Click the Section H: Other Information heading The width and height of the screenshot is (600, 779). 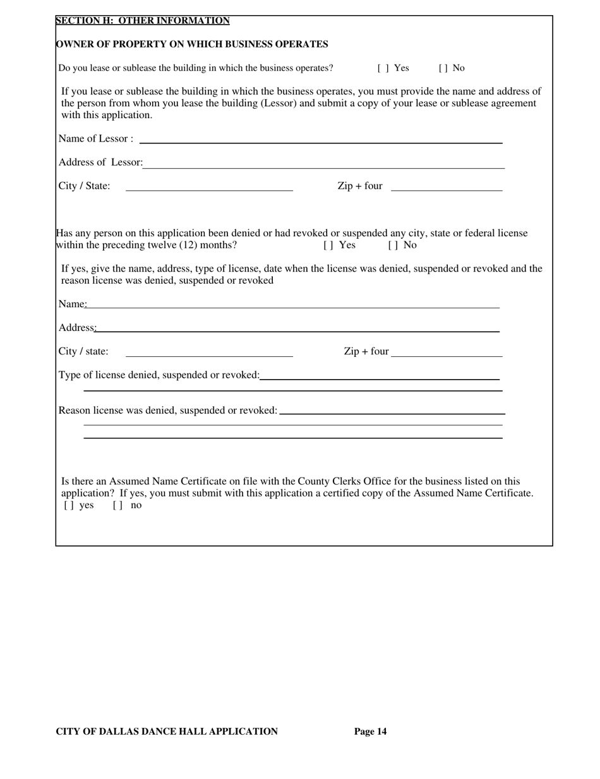pos(143,21)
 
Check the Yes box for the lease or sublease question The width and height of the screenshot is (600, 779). pos(383,68)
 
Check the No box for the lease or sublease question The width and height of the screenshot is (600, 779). pos(443,68)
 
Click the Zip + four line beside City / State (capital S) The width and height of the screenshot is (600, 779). pos(447,187)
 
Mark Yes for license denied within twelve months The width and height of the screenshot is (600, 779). pos(328,245)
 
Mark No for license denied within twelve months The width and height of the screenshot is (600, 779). pos(393,245)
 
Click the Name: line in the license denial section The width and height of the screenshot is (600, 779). pos(292,305)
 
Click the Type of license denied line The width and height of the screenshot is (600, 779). pos(379,376)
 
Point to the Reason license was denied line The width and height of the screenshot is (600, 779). pos(392,411)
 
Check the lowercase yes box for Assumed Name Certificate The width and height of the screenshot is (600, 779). pos(68,506)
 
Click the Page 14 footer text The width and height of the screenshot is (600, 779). pos(370,732)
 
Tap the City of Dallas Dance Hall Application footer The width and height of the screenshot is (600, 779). pos(167,732)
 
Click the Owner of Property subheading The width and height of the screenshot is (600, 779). pos(192,44)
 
